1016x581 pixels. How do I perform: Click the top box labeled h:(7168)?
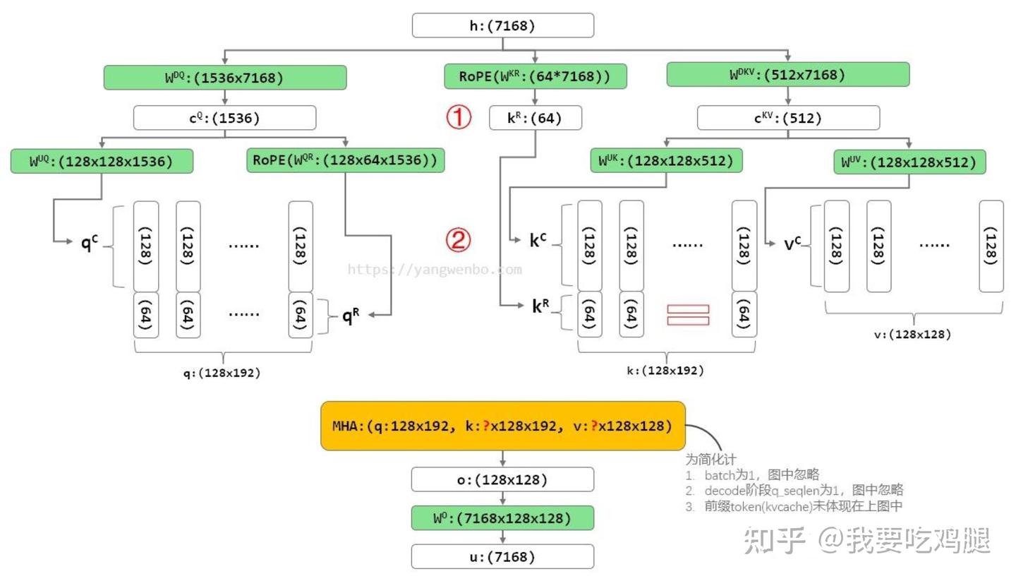coord(502,26)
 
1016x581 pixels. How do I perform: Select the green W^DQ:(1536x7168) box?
coord(224,78)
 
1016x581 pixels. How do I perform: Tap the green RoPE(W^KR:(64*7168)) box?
coord(535,76)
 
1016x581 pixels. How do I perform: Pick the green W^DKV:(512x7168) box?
coord(787,75)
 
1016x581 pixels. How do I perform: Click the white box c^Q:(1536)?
coord(224,118)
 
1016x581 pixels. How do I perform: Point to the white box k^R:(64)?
coord(535,118)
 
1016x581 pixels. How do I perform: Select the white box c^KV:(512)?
coord(787,118)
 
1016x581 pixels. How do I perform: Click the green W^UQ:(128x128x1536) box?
coord(102,161)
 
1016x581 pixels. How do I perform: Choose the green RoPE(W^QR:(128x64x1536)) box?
coord(345,160)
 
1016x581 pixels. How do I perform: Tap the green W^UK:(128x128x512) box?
coord(666,161)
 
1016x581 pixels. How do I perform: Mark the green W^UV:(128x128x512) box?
coord(909,162)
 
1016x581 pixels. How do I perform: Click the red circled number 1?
coord(458,116)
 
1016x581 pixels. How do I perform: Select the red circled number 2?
coord(458,241)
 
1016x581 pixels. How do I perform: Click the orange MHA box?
coord(502,426)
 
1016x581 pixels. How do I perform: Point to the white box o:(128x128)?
coord(502,480)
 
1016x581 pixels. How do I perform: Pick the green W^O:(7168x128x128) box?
coord(502,518)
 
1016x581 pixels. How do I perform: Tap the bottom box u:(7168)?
coord(502,557)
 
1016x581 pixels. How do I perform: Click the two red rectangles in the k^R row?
coord(687,315)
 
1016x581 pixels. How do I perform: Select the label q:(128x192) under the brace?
coord(222,373)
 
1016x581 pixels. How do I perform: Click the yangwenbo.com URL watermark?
coord(435,269)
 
